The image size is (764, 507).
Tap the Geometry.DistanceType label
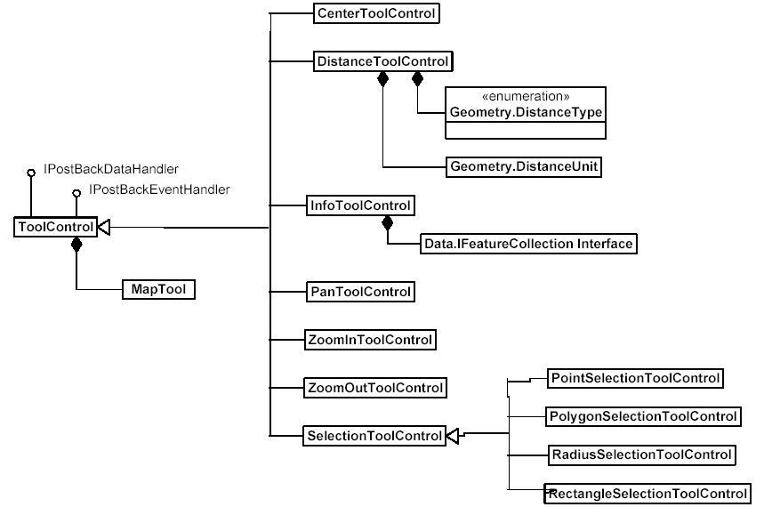(526, 113)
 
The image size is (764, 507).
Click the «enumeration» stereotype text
(526, 96)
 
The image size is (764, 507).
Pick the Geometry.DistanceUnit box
(526, 166)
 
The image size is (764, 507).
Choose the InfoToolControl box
(359, 205)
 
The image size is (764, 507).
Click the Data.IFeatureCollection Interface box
(528, 244)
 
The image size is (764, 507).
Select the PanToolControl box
(359, 291)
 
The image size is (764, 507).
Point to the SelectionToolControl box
(374, 436)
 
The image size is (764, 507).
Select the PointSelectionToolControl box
(634, 378)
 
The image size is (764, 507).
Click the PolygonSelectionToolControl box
(643, 416)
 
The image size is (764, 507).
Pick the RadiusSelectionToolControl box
(640, 455)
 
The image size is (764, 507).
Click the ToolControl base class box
(55, 228)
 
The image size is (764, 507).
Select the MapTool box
(157, 289)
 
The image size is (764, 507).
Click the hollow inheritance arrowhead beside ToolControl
(103, 228)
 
